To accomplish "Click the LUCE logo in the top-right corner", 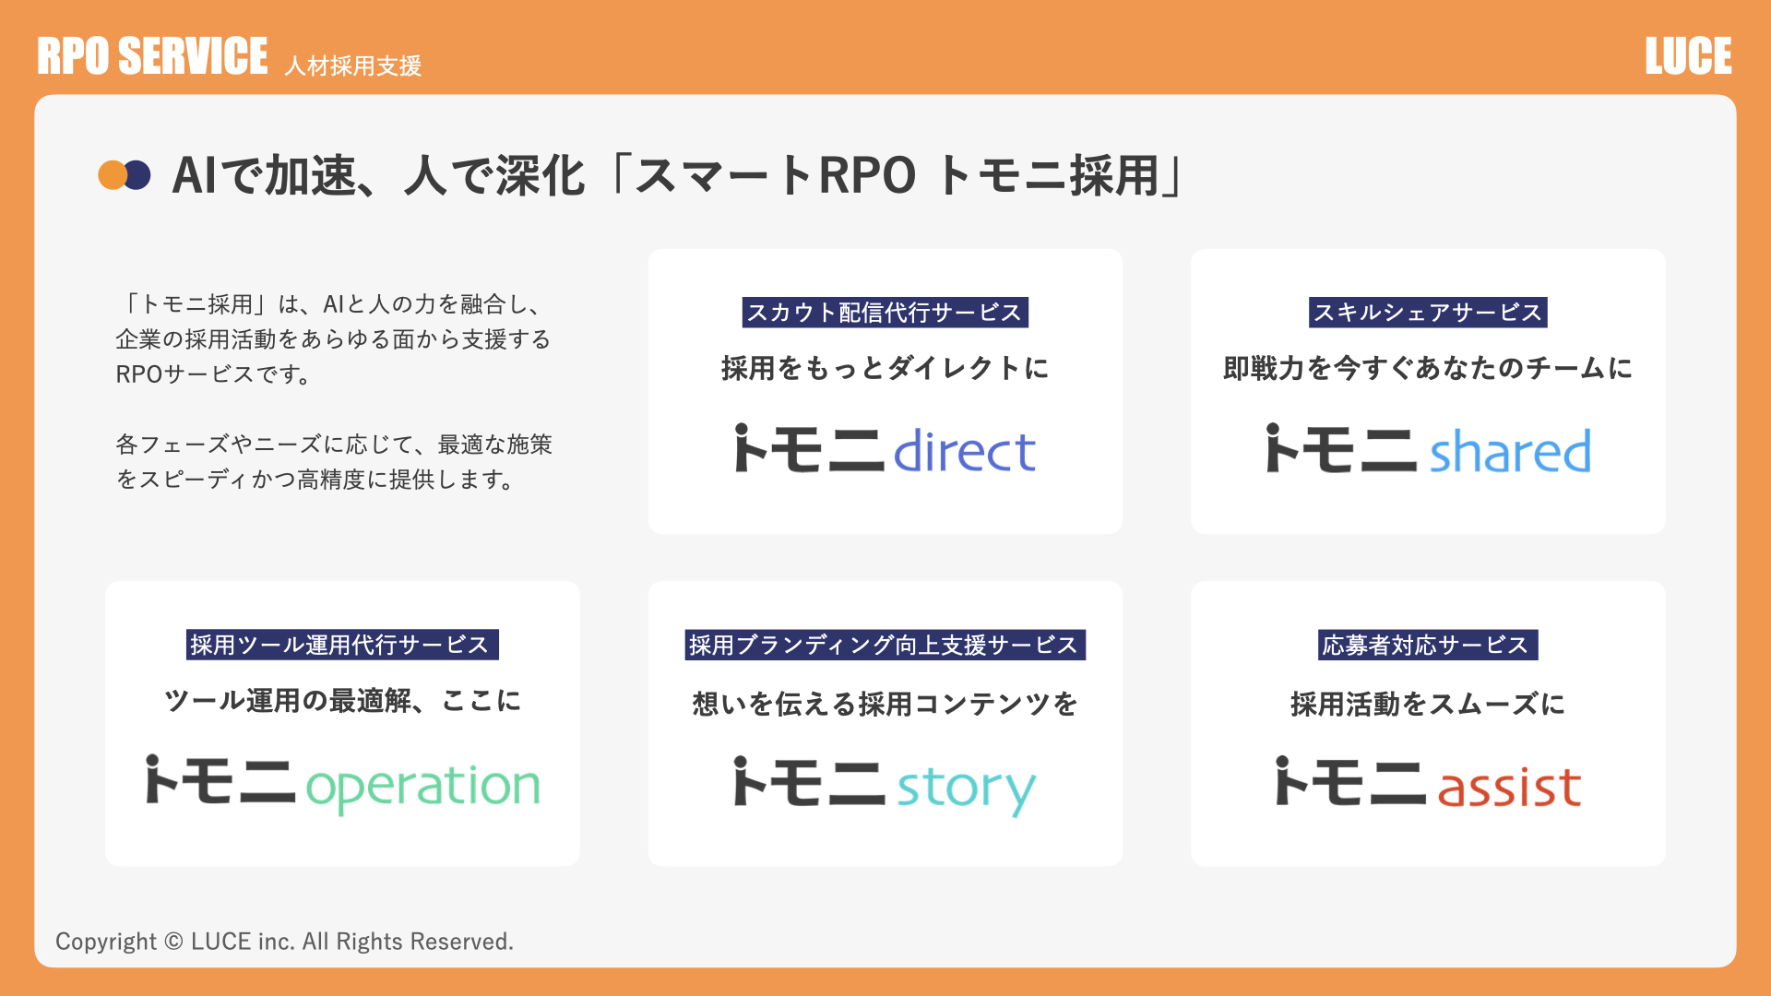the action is pyautogui.click(x=1688, y=56).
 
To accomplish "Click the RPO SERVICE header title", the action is pyautogui.click(x=152, y=56).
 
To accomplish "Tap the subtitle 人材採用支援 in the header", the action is pyautogui.click(x=352, y=65).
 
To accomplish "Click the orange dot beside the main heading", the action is pyautogui.click(x=113, y=175).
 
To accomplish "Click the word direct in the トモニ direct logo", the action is pyautogui.click(x=964, y=450).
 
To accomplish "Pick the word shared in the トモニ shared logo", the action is pyautogui.click(x=1510, y=450).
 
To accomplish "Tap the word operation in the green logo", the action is pyautogui.click(x=422, y=787).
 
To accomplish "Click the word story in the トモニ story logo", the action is pyautogui.click(x=966, y=789).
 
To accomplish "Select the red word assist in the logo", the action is pyautogui.click(x=1509, y=786).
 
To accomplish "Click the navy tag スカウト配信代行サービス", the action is pyautogui.click(x=885, y=313).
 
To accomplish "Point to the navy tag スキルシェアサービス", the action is pyautogui.click(x=1428, y=313).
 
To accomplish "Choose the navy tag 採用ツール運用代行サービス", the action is pyautogui.click(x=342, y=645).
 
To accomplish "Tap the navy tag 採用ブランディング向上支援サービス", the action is pyautogui.click(x=885, y=645).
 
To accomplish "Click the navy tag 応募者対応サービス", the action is pyautogui.click(x=1428, y=645).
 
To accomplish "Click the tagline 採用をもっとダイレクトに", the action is pyautogui.click(x=885, y=368).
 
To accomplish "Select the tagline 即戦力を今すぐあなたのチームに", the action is pyautogui.click(x=1428, y=368).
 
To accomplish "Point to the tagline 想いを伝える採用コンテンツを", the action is pyautogui.click(x=885, y=704).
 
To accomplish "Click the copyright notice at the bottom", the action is pyautogui.click(x=284, y=942).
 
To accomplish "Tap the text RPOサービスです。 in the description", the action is pyautogui.click(x=213, y=374).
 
